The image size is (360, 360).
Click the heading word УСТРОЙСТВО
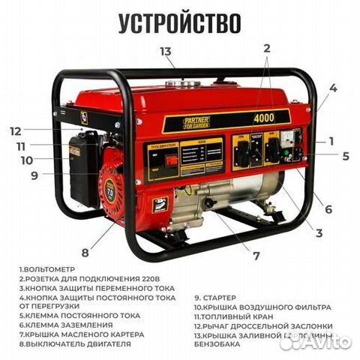pyautogui.click(x=180, y=23)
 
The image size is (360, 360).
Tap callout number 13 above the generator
pyautogui.click(x=166, y=51)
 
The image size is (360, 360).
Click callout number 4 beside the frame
pyautogui.click(x=333, y=88)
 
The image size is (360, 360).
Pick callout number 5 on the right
pyautogui.click(x=345, y=157)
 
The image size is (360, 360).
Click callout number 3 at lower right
pyautogui.click(x=319, y=233)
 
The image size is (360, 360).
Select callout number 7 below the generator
pyautogui.click(x=256, y=256)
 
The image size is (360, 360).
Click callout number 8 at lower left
pyautogui.click(x=85, y=252)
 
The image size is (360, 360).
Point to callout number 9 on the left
pyautogui.click(x=34, y=176)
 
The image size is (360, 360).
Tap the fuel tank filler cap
pyautogui.click(x=177, y=85)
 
